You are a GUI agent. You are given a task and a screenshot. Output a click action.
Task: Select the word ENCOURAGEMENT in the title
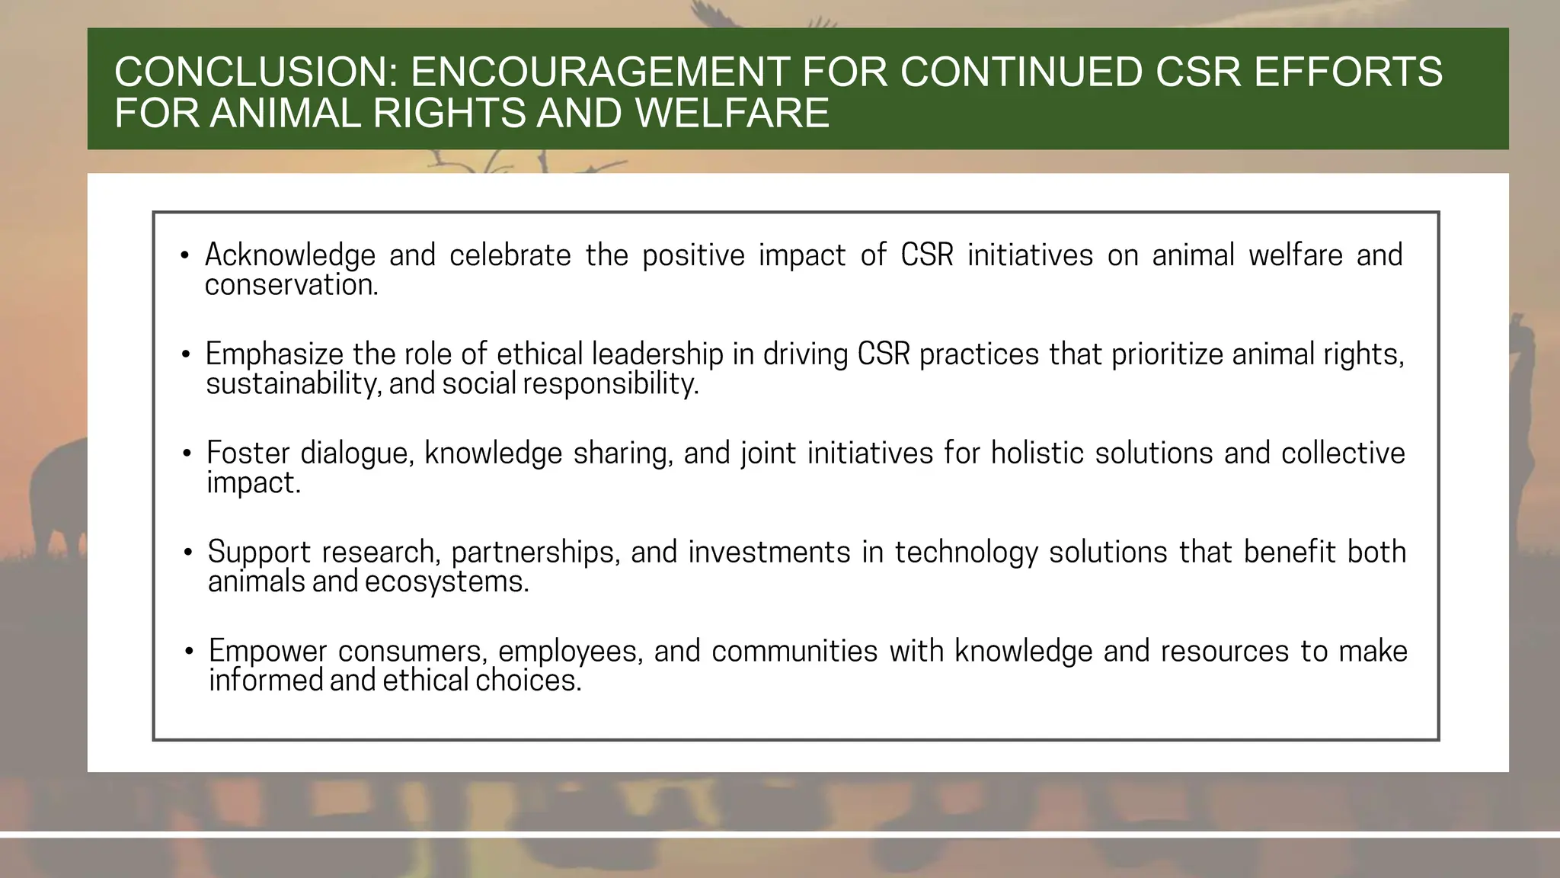pos(599,72)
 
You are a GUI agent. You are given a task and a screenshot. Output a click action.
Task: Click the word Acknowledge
pos(290,255)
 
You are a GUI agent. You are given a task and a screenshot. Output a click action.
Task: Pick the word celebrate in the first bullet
pos(510,255)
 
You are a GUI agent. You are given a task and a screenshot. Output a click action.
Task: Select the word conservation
pos(291,285)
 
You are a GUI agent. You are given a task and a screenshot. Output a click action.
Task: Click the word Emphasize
pos(274,354)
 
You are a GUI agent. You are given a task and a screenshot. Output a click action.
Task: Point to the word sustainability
pos(293,383)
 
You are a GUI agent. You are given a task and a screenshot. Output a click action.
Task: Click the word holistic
pos(1037,453)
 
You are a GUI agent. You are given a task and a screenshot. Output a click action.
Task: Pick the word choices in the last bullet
pos(529,681)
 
